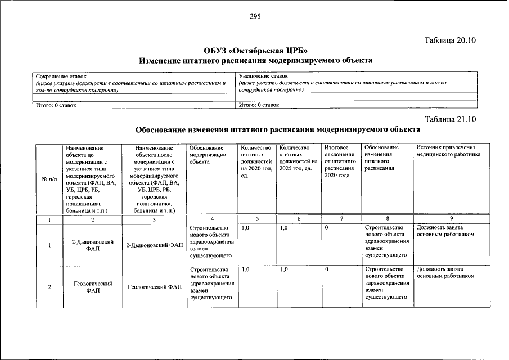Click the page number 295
click(x=255, y=16)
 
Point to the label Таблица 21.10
click(x=451, y=119)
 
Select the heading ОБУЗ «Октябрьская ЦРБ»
click(x=255, y=49)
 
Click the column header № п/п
click(x=47, y=178)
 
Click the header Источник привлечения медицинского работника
click(x=448, y=151)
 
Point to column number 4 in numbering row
click(x=211, y=219)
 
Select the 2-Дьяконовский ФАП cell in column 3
click(x=154, y=245)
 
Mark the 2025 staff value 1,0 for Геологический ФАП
click(x=284, y=269)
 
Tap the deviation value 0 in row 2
click(x=326, y=269)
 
